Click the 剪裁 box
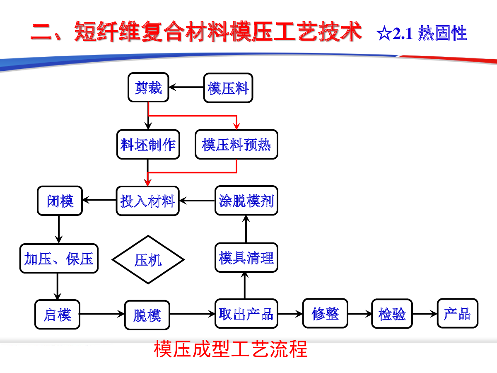(x=148, y=87)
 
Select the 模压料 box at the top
(x=228, y=88)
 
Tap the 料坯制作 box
(x=148, y=145)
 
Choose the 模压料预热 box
(x=236, y=145)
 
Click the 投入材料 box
(x=147, y=201)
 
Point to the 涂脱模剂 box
(x=246, y=201)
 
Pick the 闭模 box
(x=60, y=201)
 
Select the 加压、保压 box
(x=59, y=258)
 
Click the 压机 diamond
(x=148, y=259)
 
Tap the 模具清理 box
(x=246, y=257)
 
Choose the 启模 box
(x=57, y=314)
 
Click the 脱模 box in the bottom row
(x=147, y=315)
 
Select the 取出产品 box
(x=246, y=313)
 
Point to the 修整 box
(x=325, y=313)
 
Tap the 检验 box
(x=392, y=314)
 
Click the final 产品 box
(x=458, y=313)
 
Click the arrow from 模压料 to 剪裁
(x=186, y=87)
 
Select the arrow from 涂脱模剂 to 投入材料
(x=197, y=201)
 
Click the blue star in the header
(x=384, y=33)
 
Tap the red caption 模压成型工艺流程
(x=231, y=349)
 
